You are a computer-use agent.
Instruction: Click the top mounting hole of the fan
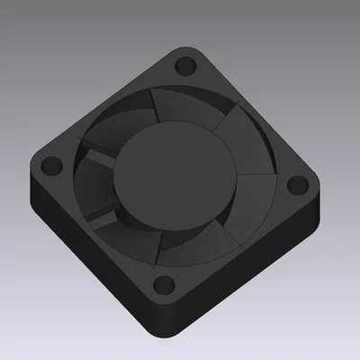click(187, 66)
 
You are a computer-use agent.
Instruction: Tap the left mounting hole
click(48, 166)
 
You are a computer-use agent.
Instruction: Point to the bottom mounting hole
click(163, 287)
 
